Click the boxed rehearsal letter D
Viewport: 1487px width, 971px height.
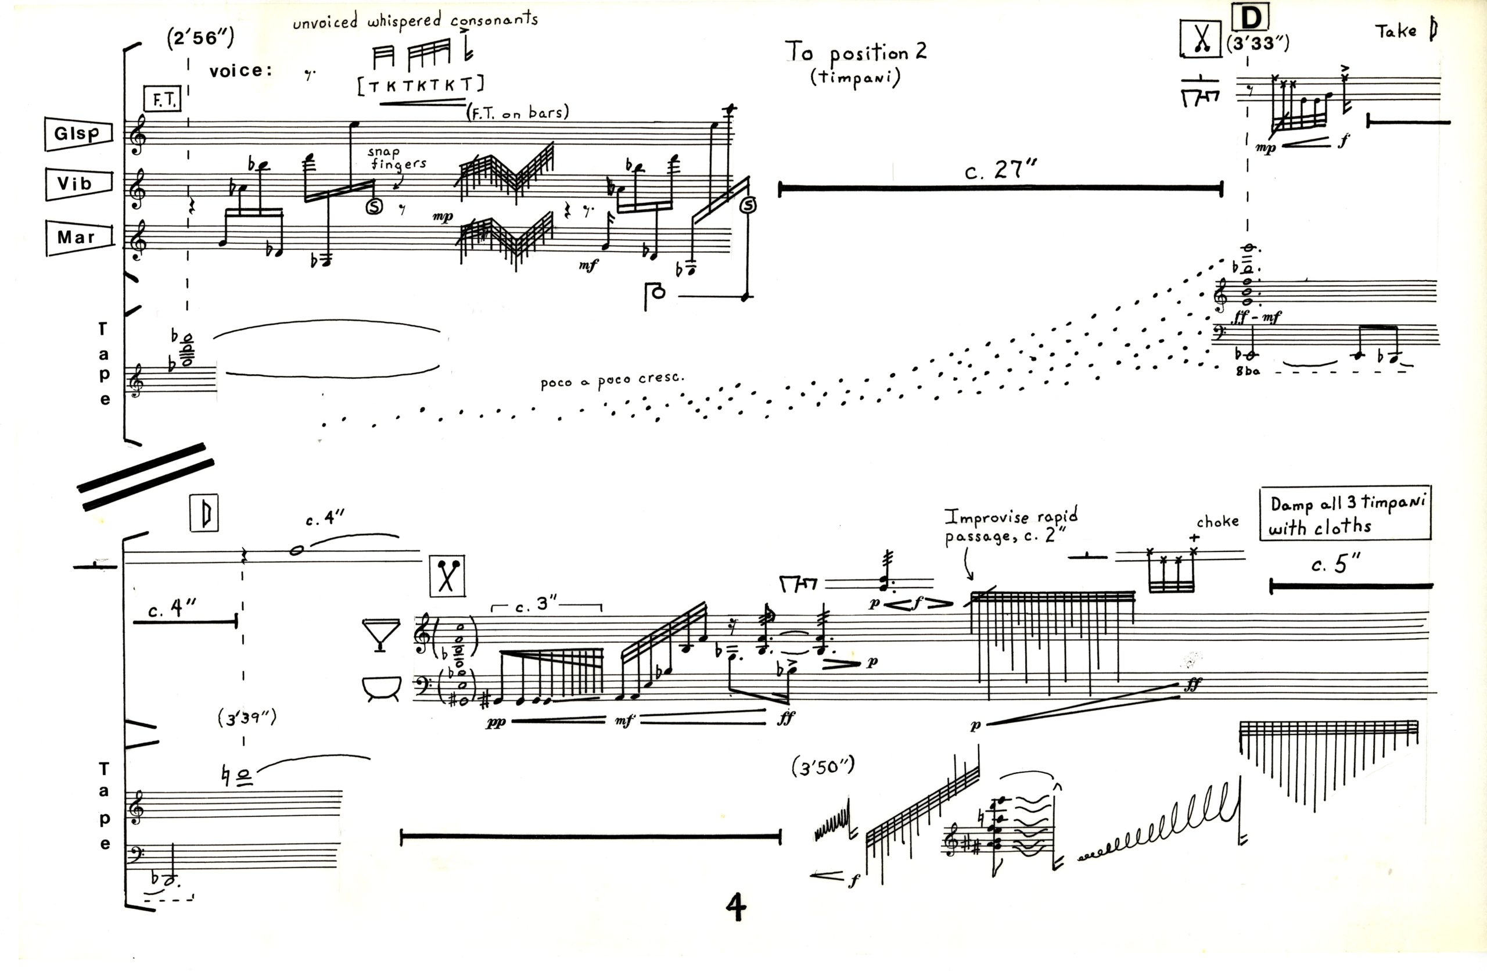click(x=1251, y=18)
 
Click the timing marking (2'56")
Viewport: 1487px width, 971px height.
click(x=200, y=38)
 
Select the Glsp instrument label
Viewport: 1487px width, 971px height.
click(x=77, y=133)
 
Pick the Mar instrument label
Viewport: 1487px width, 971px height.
click(x=77, y=238)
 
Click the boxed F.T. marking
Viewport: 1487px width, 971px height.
click(x=163, y=99)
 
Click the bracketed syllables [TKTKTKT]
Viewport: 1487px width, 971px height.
click(x=421, y=85)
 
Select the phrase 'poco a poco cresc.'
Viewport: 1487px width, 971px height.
click(x=612, y=380)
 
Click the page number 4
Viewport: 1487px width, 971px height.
click(x=736, y=906)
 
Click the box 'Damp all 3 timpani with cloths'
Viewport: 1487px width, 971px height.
click(x=1345, y=514)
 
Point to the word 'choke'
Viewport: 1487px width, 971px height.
click(x=1217, y=521)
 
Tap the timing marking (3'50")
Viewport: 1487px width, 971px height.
click(x=823, y=767)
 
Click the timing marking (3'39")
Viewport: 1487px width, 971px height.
click(x=247, y=718)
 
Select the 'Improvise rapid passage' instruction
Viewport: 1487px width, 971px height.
click(x=1010, y=525)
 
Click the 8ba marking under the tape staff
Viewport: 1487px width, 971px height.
click(x=1248, y=371)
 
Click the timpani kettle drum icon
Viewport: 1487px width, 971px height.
click(x=380, y=688)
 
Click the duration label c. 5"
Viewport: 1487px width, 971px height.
click(x=1335, y=564)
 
